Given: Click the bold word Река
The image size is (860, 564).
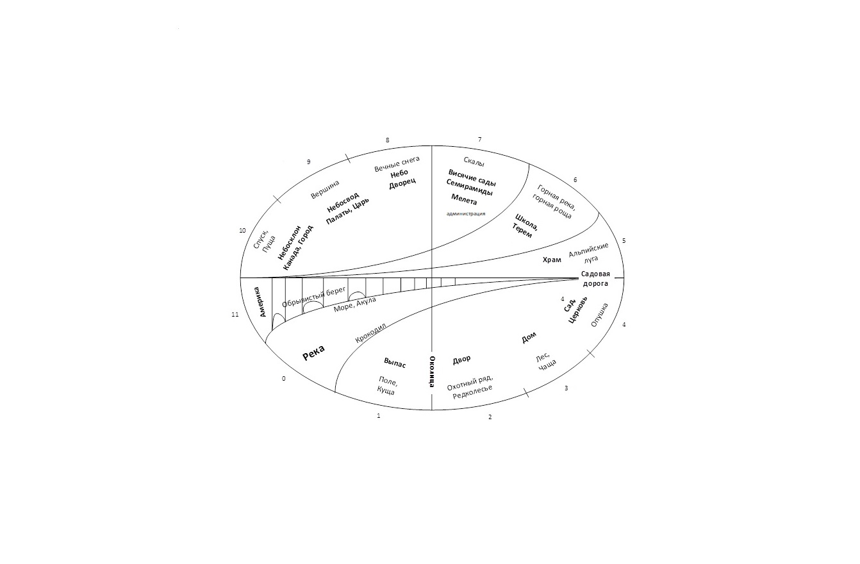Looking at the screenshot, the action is [313, 353].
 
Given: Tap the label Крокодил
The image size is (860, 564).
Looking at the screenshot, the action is [370, 333].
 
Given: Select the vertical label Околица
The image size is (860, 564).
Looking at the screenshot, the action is [432, 371].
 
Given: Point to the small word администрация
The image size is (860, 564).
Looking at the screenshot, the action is [466, 213].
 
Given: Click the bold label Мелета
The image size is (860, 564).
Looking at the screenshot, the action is [464, 200].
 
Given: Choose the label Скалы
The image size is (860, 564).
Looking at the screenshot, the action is [474, 162].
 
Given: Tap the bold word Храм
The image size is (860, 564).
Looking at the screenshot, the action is [552, 260].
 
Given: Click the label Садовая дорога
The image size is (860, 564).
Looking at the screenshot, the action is [595, 279].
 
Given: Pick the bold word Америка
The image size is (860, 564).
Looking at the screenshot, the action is [260, 302].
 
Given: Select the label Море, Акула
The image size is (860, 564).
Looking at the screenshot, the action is [354, 304].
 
